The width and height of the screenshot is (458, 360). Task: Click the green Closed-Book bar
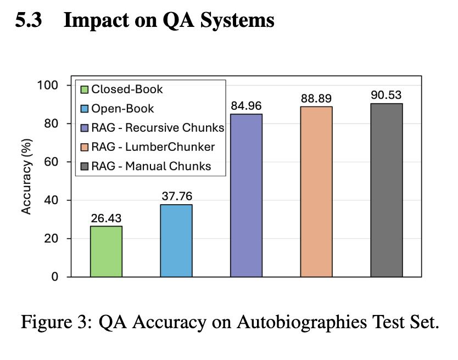(x=106, y=251)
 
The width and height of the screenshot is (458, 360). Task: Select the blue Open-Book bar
(x=176, y=240)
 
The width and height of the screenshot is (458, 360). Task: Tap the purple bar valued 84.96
(x=246, y=195)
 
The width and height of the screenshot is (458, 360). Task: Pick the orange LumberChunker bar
(x=316, y=192)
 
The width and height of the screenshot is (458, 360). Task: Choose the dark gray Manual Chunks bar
(x=386, y=190)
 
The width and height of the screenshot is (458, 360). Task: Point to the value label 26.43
(x=106, y=218)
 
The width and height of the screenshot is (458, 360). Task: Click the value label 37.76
(x=176, y=196)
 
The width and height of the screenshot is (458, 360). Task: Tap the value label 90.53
(x=386, y=95)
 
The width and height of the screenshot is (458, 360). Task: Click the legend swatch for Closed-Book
(x=84, y=89)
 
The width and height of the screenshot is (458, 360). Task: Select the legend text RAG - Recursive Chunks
(x=158, y=128)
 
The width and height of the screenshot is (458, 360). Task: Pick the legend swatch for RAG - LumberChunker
(x=84, y=147)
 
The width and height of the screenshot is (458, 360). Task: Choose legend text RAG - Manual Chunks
(x=152, y=166)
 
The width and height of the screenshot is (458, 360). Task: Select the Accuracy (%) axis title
(x=26, y=181)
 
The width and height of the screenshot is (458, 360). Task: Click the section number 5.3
(x=27, y=21)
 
